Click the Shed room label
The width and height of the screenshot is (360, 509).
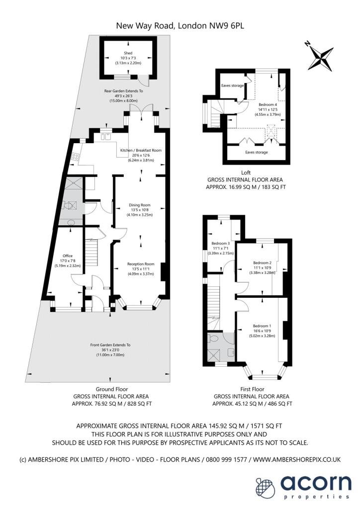click(x=128, y=53)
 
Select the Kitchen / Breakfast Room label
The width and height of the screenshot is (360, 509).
click(x=141, y=150)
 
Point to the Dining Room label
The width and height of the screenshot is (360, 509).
click(x=140, y=205)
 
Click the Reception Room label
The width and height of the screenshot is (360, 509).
click(x=141, y=264)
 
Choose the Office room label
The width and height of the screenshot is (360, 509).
click(x=68, y=256)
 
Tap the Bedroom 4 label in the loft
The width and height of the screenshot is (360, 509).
click(x=268, y=104)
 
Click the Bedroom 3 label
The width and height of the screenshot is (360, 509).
click(x=221, y=243)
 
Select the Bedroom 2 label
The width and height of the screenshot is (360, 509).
click(x=262, y=262)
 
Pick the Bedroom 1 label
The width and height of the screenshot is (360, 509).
click(x=262, y=326)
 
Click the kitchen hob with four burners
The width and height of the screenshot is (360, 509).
click(x=75, y=158)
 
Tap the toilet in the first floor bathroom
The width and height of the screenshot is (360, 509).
click(x=213, y=338)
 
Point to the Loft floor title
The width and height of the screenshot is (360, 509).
click(x=246, y=172)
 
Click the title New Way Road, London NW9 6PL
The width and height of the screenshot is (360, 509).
click(x=180, y=26)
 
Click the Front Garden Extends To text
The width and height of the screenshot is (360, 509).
click(x=110, y=345)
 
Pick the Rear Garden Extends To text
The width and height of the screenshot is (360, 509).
click(x=123, y=91)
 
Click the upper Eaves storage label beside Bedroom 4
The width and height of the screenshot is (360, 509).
click(x=232, y=85)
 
